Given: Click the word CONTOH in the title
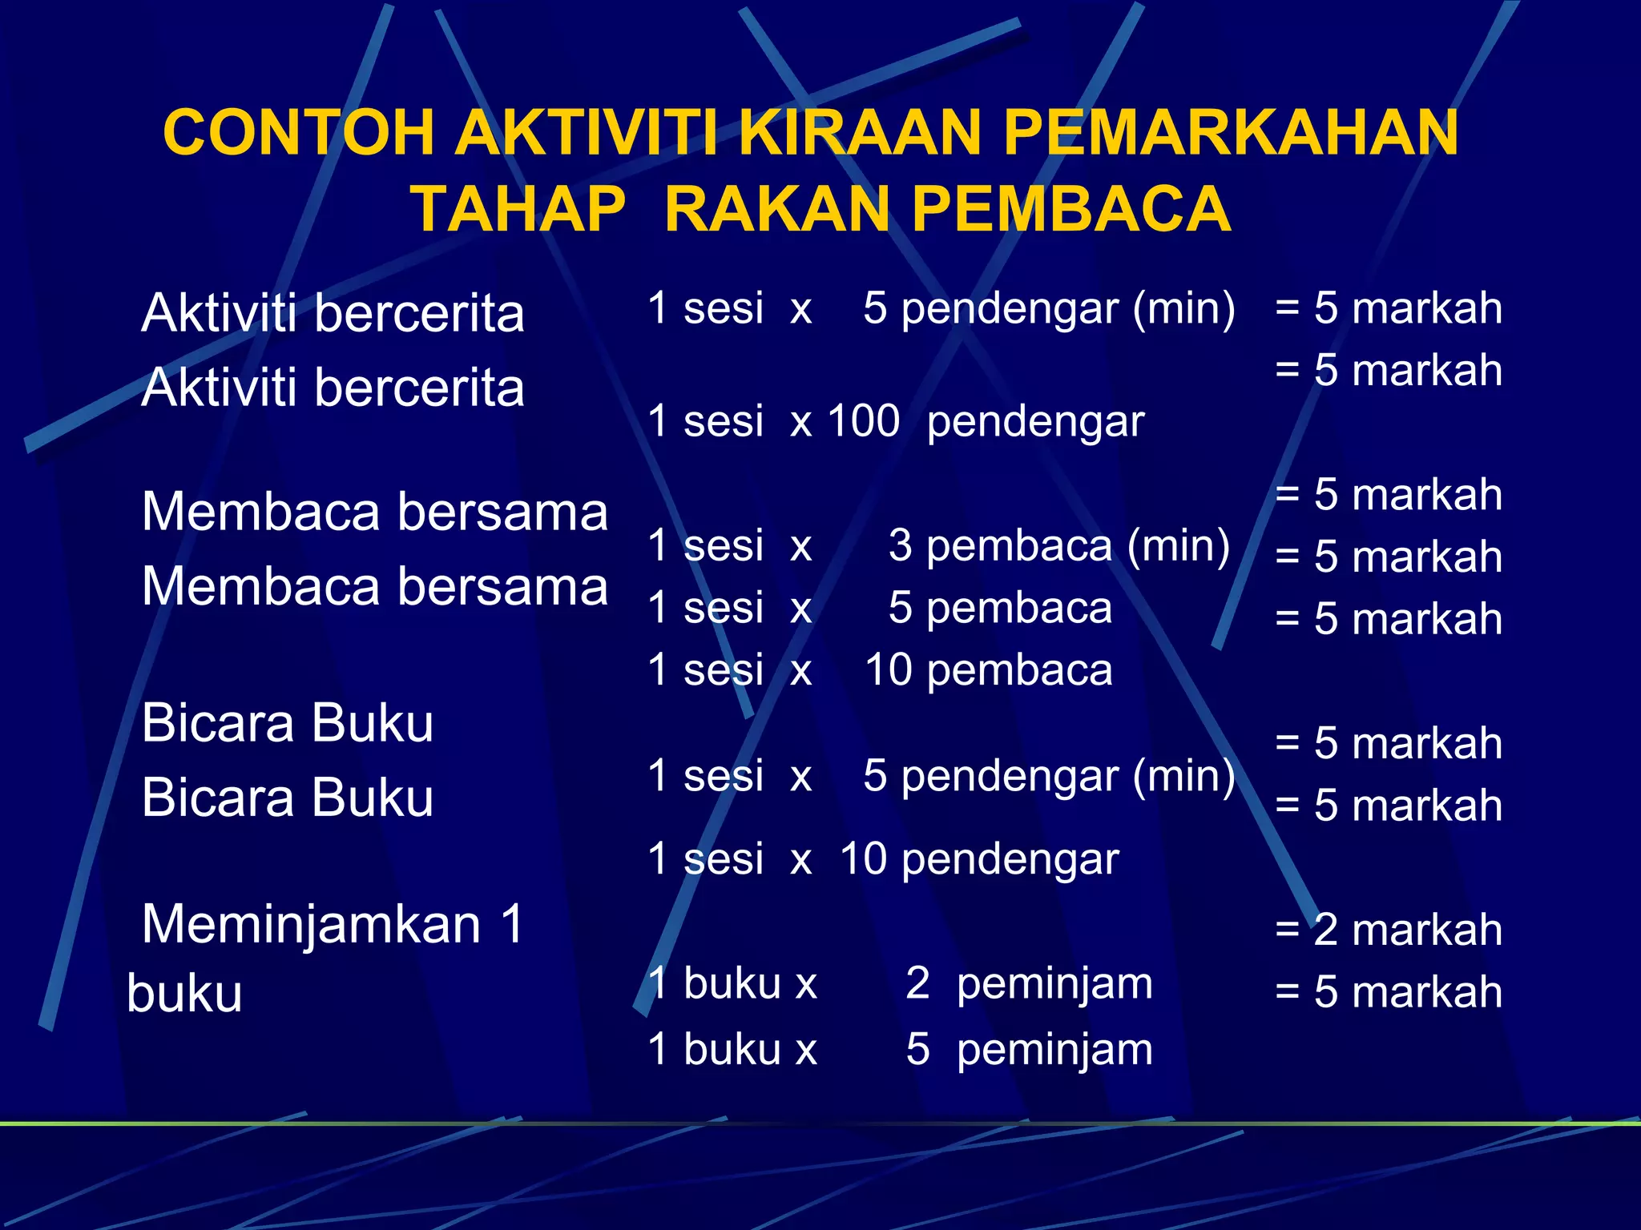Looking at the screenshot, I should click(x=299, y=132).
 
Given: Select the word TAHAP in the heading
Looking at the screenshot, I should click(x=518, y=209).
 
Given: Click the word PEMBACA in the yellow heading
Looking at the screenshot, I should click(x=1070, y=209).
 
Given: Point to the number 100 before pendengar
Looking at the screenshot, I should click(x=863, y=420).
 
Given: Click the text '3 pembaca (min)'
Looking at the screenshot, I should click(x=1058, y=546).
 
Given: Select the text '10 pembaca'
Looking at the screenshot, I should click(x=988, y=670).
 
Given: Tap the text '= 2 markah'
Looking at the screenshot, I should click(x=1388, y=930).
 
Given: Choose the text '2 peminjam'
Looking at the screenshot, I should click(x=1029, y=983).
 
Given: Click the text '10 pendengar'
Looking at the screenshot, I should click(x=978, y=859).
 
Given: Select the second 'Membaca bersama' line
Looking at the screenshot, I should click(x=374, y=586).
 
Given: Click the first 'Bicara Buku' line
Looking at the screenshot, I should click(x=287, y=723).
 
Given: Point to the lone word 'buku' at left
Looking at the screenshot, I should click(x=184, y=994).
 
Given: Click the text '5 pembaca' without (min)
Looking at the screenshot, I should click(x=1000, y=609).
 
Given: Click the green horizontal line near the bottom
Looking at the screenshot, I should click(x=820, y=1124).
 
